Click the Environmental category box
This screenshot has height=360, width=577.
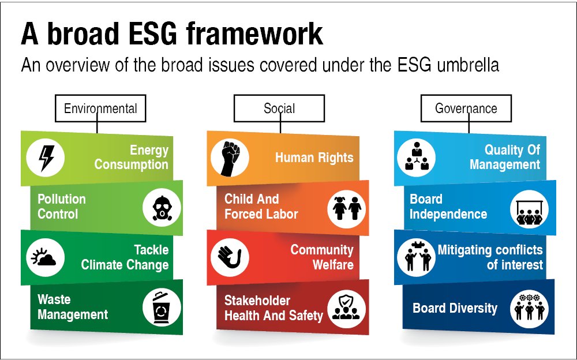[100, 108]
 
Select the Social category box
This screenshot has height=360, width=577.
[279, 108]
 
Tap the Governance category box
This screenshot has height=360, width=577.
[466, 108]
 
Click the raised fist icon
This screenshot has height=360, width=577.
[230, 157]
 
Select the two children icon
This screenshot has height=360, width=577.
[346, 207]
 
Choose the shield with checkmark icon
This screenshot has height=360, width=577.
[346, 307]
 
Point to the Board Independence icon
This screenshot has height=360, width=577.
[529, 208]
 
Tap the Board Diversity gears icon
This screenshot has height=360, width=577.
[529, 307]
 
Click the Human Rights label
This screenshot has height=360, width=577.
[314, 157]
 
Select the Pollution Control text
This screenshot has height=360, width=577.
[62, 207]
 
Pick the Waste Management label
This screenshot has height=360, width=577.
[73, 307]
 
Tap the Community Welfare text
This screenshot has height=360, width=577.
[322, 257]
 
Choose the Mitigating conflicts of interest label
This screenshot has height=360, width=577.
[490, 257]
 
